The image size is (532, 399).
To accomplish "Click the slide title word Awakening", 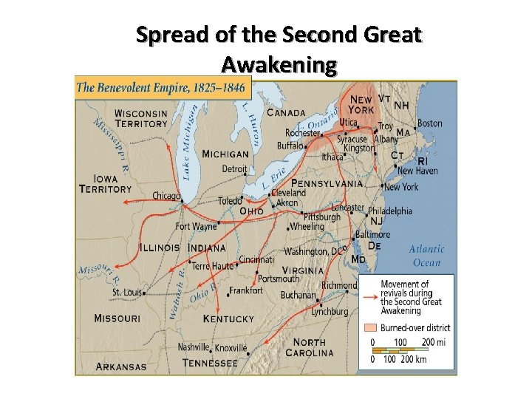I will [279, 66].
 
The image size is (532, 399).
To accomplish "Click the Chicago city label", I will [166, 196].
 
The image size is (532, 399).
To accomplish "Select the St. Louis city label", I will [126, 293].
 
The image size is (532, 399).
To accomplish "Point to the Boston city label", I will [429, 123].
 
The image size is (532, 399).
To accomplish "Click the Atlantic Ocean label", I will [426, 256].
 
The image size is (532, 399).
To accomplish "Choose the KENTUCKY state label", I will [228, 319].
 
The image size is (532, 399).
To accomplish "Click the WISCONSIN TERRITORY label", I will [141, 119].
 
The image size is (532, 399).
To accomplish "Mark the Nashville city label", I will [194, 347].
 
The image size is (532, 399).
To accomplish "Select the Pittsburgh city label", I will [321, 217].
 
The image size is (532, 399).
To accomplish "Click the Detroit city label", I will [235, 169].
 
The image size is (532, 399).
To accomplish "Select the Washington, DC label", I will [315, 251].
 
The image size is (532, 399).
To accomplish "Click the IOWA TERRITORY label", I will [106, 184].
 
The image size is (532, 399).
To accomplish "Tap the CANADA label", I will [286, 113].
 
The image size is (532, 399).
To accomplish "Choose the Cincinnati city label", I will [257, 259].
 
